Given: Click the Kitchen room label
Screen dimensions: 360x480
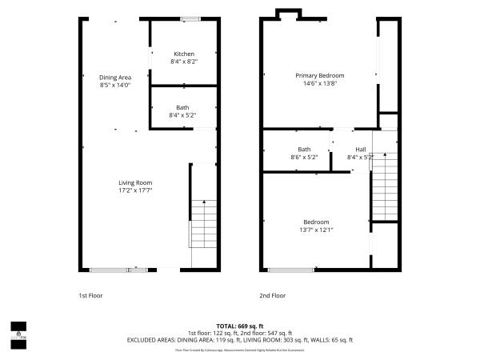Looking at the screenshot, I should (183, 54).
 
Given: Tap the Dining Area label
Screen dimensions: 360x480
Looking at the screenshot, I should (114, 77).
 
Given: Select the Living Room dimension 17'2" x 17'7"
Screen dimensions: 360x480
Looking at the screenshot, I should (135, 190).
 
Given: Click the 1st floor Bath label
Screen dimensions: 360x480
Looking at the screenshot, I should (183, 107).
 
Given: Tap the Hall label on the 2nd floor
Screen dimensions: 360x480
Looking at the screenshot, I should (360, 149).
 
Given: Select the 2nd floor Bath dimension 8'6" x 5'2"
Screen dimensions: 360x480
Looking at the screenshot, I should (304, 157).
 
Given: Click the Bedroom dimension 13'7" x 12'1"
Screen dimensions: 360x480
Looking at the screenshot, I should (317, 230).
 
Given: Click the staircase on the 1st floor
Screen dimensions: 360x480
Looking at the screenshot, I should (203, 224).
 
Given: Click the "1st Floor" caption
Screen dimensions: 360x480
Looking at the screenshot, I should (90, 295).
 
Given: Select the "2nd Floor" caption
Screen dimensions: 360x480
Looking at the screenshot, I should (272, 295).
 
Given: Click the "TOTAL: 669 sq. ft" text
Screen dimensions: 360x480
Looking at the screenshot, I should (240, 326).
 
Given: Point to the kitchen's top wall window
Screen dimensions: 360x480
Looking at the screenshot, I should (189, 19).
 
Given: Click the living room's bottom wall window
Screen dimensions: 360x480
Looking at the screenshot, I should (117, 269).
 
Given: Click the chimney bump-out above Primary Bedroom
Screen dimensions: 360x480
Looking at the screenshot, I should (288, 13).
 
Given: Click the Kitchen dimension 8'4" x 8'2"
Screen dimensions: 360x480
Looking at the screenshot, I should (183, 62).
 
